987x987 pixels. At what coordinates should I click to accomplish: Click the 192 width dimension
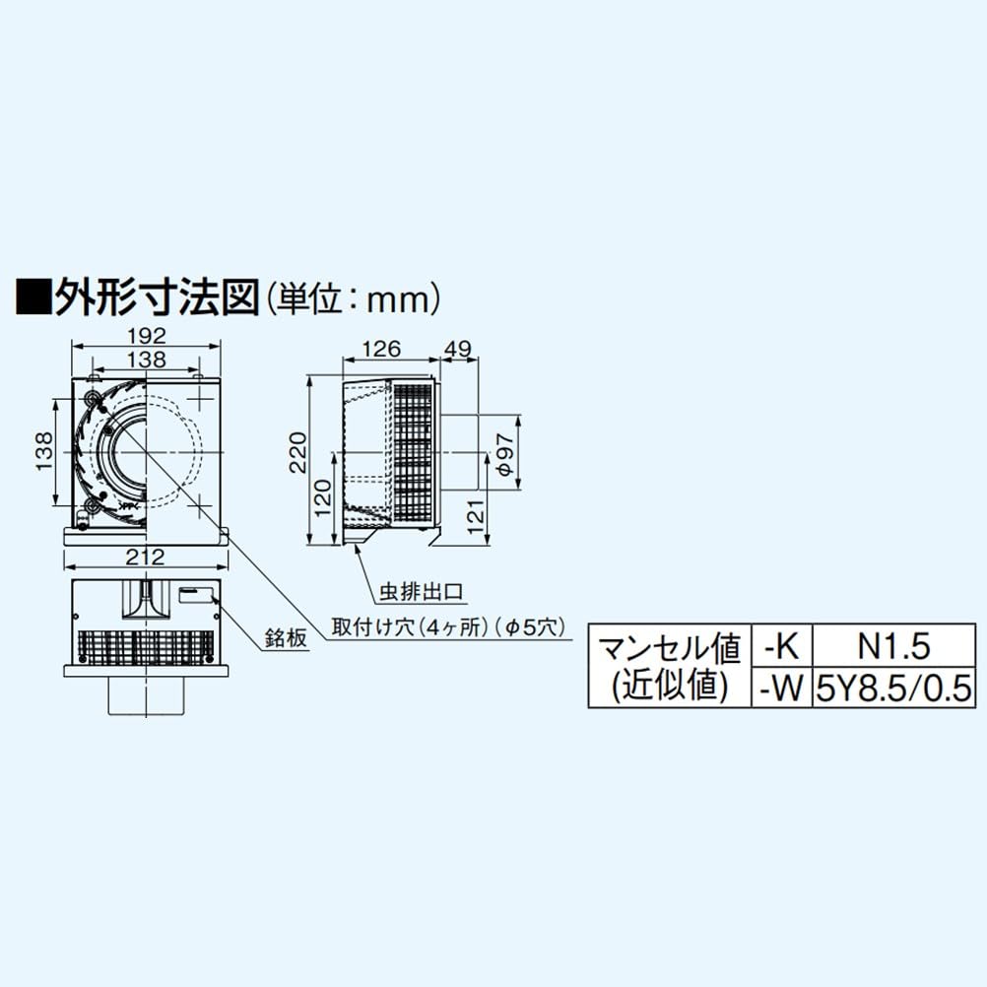coord(147,334)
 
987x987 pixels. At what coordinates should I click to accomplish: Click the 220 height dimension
coord(299,454)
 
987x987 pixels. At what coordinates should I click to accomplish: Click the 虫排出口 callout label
coord(422,593)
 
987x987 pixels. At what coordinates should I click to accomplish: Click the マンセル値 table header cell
coord(669,667)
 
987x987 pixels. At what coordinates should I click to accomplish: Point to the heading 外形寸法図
coord(154,296)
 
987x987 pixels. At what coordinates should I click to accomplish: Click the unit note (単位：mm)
coord(349,296)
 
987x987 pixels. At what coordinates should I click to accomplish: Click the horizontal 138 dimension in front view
coord(147,359)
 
